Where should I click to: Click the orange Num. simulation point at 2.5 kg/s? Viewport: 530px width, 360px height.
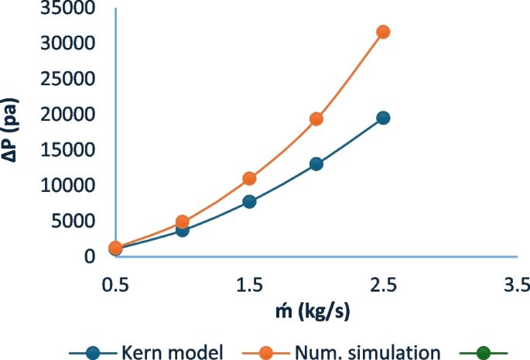pyautogui.click(x=382, y=32)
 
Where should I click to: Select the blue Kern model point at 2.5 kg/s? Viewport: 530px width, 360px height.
pyautogui.click(x=382, y=118)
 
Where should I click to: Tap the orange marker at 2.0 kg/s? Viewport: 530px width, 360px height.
pyautogui.click(x=316, y=118)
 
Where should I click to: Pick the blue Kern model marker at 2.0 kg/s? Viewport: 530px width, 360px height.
pyautogui.click(x=316, y=163)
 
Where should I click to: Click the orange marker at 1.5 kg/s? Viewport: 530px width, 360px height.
pyautogui.click(x=249, y=178)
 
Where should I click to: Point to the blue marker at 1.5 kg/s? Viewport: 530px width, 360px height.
pyautogui.click(x=249, y=201)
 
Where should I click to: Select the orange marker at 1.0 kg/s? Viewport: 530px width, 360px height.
pyautogui.click(x=183, y=221)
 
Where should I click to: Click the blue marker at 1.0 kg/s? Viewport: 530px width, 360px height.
pyautogui.click(x=183, y=230)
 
